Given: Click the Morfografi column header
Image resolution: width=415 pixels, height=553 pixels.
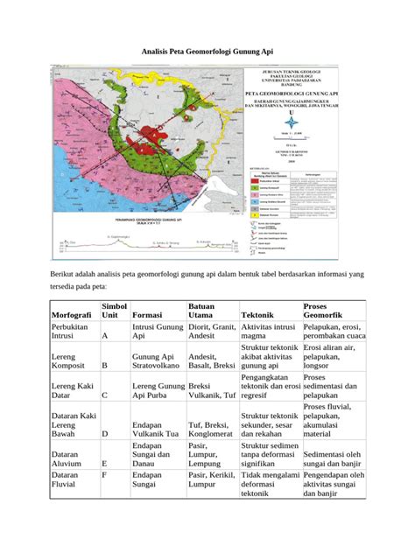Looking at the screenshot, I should [x=75, y=314].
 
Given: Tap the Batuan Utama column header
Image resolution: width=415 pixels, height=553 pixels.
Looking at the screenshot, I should [x=207, y=308].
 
